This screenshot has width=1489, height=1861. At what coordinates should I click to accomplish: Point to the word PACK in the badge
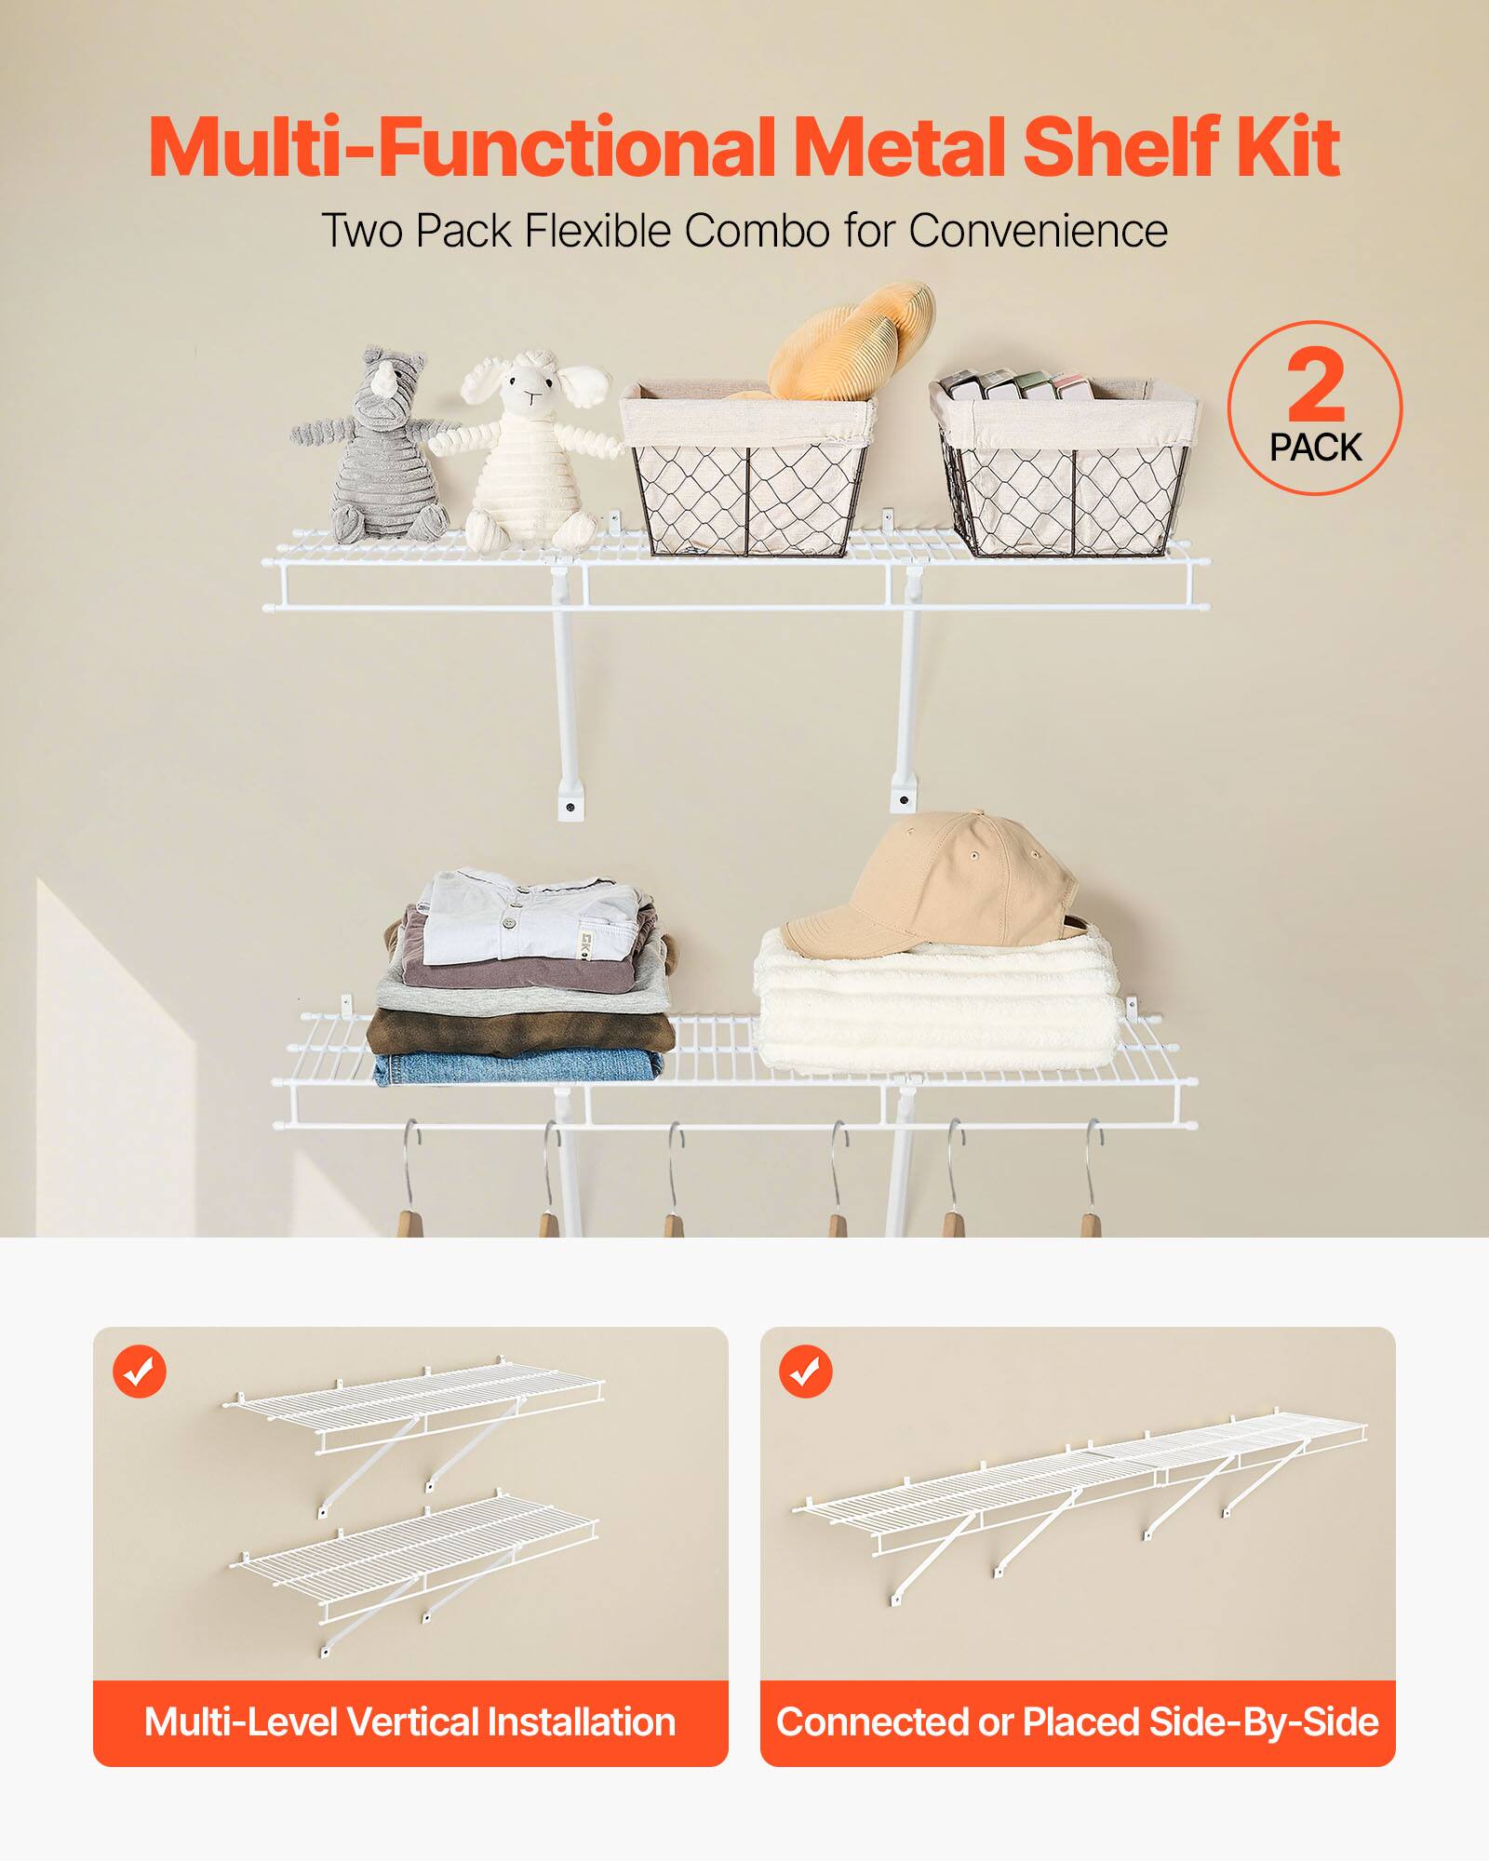1315,448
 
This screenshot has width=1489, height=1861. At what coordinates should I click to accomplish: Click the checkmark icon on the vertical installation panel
140,1371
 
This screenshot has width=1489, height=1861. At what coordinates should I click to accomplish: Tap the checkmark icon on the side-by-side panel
806,1371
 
